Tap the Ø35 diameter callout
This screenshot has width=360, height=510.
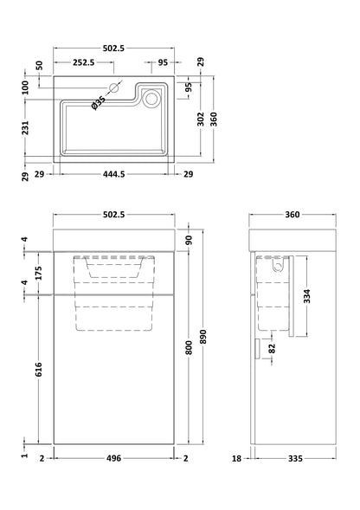click(x=99, y=102)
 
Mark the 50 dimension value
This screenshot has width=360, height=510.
click(x=39, y=65)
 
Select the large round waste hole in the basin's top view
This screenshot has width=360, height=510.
click(x=152, y=99)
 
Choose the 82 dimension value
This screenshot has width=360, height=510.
click(x=274, y=350)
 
